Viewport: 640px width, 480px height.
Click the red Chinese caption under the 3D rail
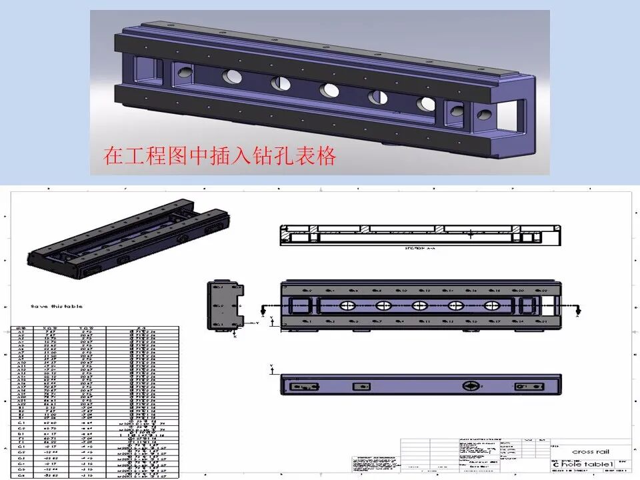tap(219, 156)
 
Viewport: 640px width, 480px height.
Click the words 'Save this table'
tap(57, 306)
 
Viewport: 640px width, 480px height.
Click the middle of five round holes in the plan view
tap(419, 306)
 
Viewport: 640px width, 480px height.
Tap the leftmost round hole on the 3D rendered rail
tap(233, 76)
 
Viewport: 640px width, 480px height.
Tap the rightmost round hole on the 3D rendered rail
tap(425, 103)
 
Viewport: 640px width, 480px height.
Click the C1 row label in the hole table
tap(21, 423)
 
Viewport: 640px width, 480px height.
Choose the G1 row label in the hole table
tap(21, 447)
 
